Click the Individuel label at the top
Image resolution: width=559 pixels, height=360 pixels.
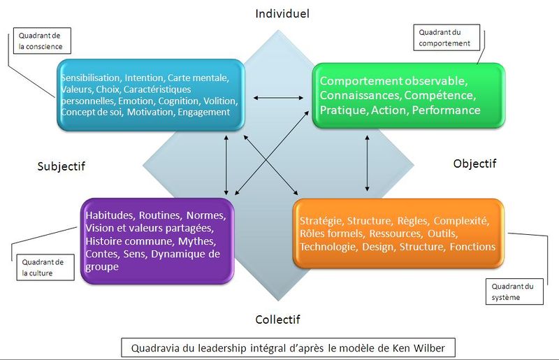point(282,13)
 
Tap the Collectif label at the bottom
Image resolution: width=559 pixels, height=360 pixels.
point(277,319)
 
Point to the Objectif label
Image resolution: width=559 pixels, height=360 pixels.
point(474,164)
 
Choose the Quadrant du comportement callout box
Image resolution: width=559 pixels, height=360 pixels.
point(445,37)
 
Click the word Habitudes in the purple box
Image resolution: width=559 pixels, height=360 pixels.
point(110,215)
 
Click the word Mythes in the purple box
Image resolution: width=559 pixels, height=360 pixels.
point(196,240)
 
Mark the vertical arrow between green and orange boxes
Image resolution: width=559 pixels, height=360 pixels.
point(368,161)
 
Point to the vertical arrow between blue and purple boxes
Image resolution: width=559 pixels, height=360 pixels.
point(226,162)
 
